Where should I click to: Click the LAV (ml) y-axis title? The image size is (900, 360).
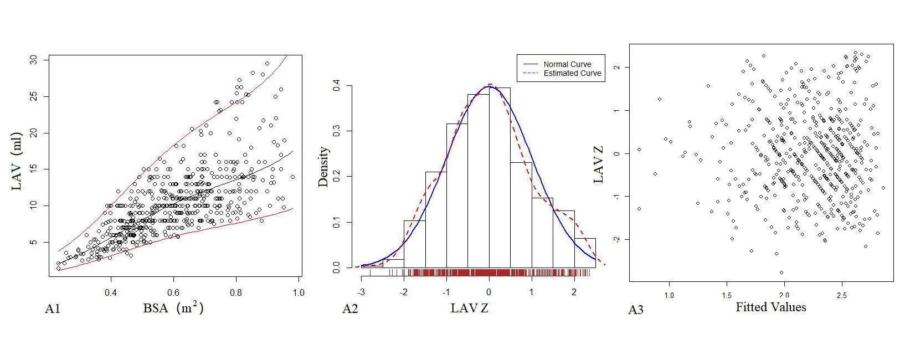pos(17,161)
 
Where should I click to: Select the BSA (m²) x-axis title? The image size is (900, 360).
pos(173,307)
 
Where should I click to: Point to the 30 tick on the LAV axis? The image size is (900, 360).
pos(34,60)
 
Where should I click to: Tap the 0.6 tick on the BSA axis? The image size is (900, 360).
pos(173,292)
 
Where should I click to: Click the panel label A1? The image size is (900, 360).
pos(53,309)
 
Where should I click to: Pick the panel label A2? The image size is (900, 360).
pos(350,309)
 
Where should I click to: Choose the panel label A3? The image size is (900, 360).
pos(636,310)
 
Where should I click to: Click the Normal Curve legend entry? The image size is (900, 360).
pos(567,64)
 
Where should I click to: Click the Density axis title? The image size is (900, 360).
pos(324,167)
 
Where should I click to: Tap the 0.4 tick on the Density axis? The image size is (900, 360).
pos(336,86)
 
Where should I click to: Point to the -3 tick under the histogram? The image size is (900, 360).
pos(361,292)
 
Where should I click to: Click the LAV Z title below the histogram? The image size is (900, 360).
pos(469,308)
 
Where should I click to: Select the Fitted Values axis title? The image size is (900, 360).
pos(770,307)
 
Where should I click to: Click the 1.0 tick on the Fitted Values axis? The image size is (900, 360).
pos(669,295)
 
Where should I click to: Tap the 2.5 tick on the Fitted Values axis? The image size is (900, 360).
pos(842,295)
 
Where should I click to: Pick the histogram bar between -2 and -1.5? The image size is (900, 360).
pos(414,244)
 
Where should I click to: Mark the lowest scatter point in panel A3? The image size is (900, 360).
pos(781,272)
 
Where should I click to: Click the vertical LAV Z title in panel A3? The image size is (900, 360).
pos(598,164)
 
